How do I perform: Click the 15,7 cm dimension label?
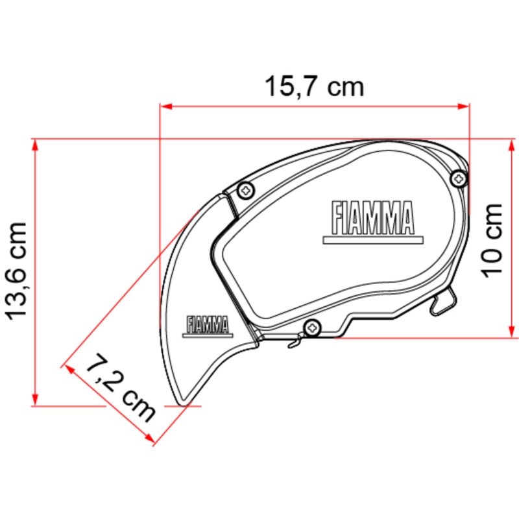point(314,87)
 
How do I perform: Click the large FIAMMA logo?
point(373,223)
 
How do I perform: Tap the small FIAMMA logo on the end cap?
point(208,327)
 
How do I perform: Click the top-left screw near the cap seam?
point(247,191)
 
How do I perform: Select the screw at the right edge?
point(459,179)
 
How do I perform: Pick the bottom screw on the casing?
point(312,328)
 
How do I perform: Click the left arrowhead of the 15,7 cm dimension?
point(166,106)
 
